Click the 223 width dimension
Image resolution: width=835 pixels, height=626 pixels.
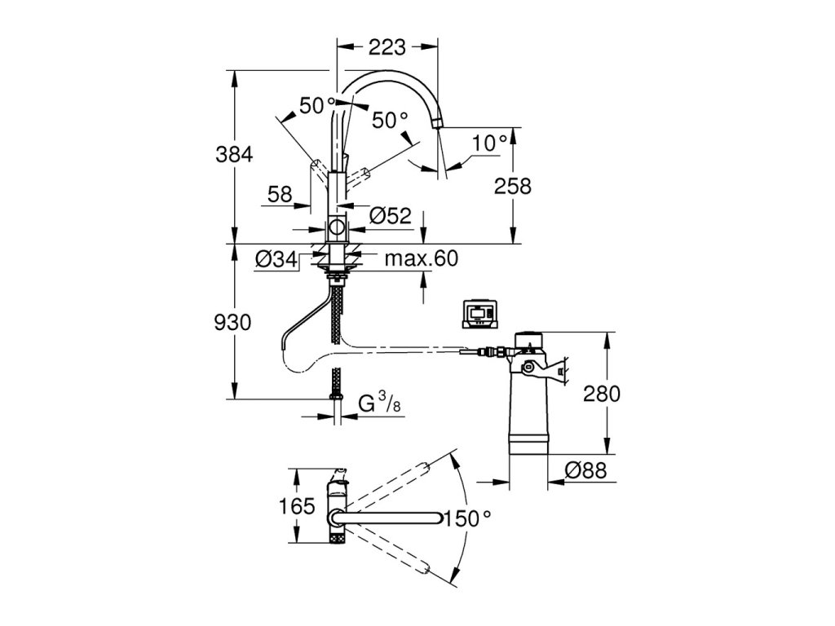pyautogui.click(x=387, y=47)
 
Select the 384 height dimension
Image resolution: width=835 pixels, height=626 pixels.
pyautogui.click(x=234, y=155)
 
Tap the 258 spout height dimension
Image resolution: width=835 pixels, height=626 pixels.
pyautogui.click(x=513, y=187)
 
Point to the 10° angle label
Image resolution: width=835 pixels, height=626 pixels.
pyautogui.click(x=490, y=143)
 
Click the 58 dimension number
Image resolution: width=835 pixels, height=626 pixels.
pyautogui.click(x=280, y=194)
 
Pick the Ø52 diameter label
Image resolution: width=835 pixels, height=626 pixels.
pyautogui.click(x=391, y=215)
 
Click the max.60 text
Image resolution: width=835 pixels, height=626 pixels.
pyautogui.click(x=422, y=258)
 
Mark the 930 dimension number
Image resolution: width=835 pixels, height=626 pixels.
pyautogui.click(x=232, y=323)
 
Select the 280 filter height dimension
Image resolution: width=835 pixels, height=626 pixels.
pyautogui.click(x=602, y=394)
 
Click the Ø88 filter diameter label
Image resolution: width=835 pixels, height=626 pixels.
pyautogui.click(x=585, y=470)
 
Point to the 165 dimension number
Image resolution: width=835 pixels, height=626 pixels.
pyautogui.click(x=297, y=505)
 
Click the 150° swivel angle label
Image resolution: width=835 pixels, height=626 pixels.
pyautogui.click(x=467, y=518)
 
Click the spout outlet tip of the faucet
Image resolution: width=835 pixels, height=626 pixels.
pyautogui.click(x=437, y=123)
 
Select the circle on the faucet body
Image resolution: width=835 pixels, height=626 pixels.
pyautogui.click(x=337, y=228)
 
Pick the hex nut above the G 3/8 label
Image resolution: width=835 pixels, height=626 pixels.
pyautogui.click(x=337, y=397)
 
